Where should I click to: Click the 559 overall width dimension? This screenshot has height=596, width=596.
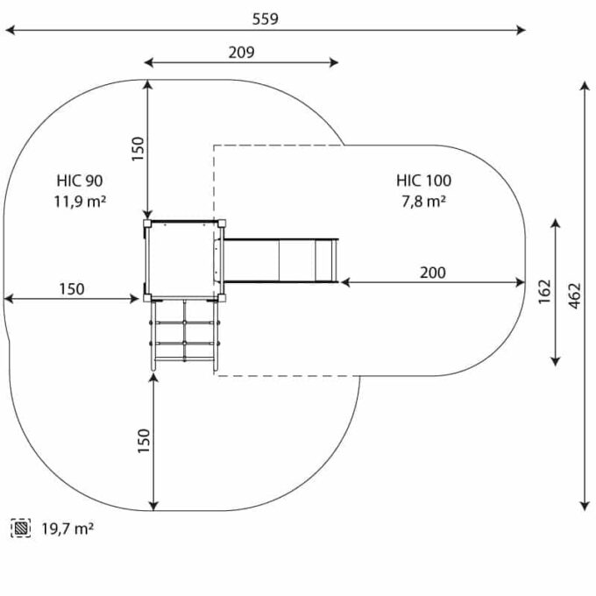(266, 19)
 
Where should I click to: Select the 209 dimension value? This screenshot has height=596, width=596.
(241, 53)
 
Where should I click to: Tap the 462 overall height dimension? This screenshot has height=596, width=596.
(575, 295)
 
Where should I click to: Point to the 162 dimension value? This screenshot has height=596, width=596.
(544, 292)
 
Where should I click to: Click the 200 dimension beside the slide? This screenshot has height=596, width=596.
(433, 273)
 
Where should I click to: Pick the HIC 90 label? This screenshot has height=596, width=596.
(80, 181)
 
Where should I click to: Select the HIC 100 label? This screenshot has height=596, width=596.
(424, 181)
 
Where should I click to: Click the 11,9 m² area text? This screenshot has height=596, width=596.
(80, 202)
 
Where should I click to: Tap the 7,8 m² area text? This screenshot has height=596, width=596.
(424, 201)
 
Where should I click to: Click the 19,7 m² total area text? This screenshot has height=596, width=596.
(67, 529)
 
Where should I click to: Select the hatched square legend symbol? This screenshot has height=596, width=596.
(21, 528)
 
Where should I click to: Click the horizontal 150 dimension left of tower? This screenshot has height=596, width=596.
(72, 289)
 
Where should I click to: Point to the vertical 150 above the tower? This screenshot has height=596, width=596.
(138, 149)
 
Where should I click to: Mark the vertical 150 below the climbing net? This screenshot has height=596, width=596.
(144, 441)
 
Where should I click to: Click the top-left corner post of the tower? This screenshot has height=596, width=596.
(147, 223)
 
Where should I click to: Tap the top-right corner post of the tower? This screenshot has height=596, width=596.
(222, 223)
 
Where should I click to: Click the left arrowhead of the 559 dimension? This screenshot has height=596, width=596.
(10, 30)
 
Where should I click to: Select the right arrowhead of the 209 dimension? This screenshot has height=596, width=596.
(334, 63)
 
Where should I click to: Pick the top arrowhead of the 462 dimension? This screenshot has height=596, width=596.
(585, 86)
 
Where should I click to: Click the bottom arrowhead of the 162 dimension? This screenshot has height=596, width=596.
(556, 361)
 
